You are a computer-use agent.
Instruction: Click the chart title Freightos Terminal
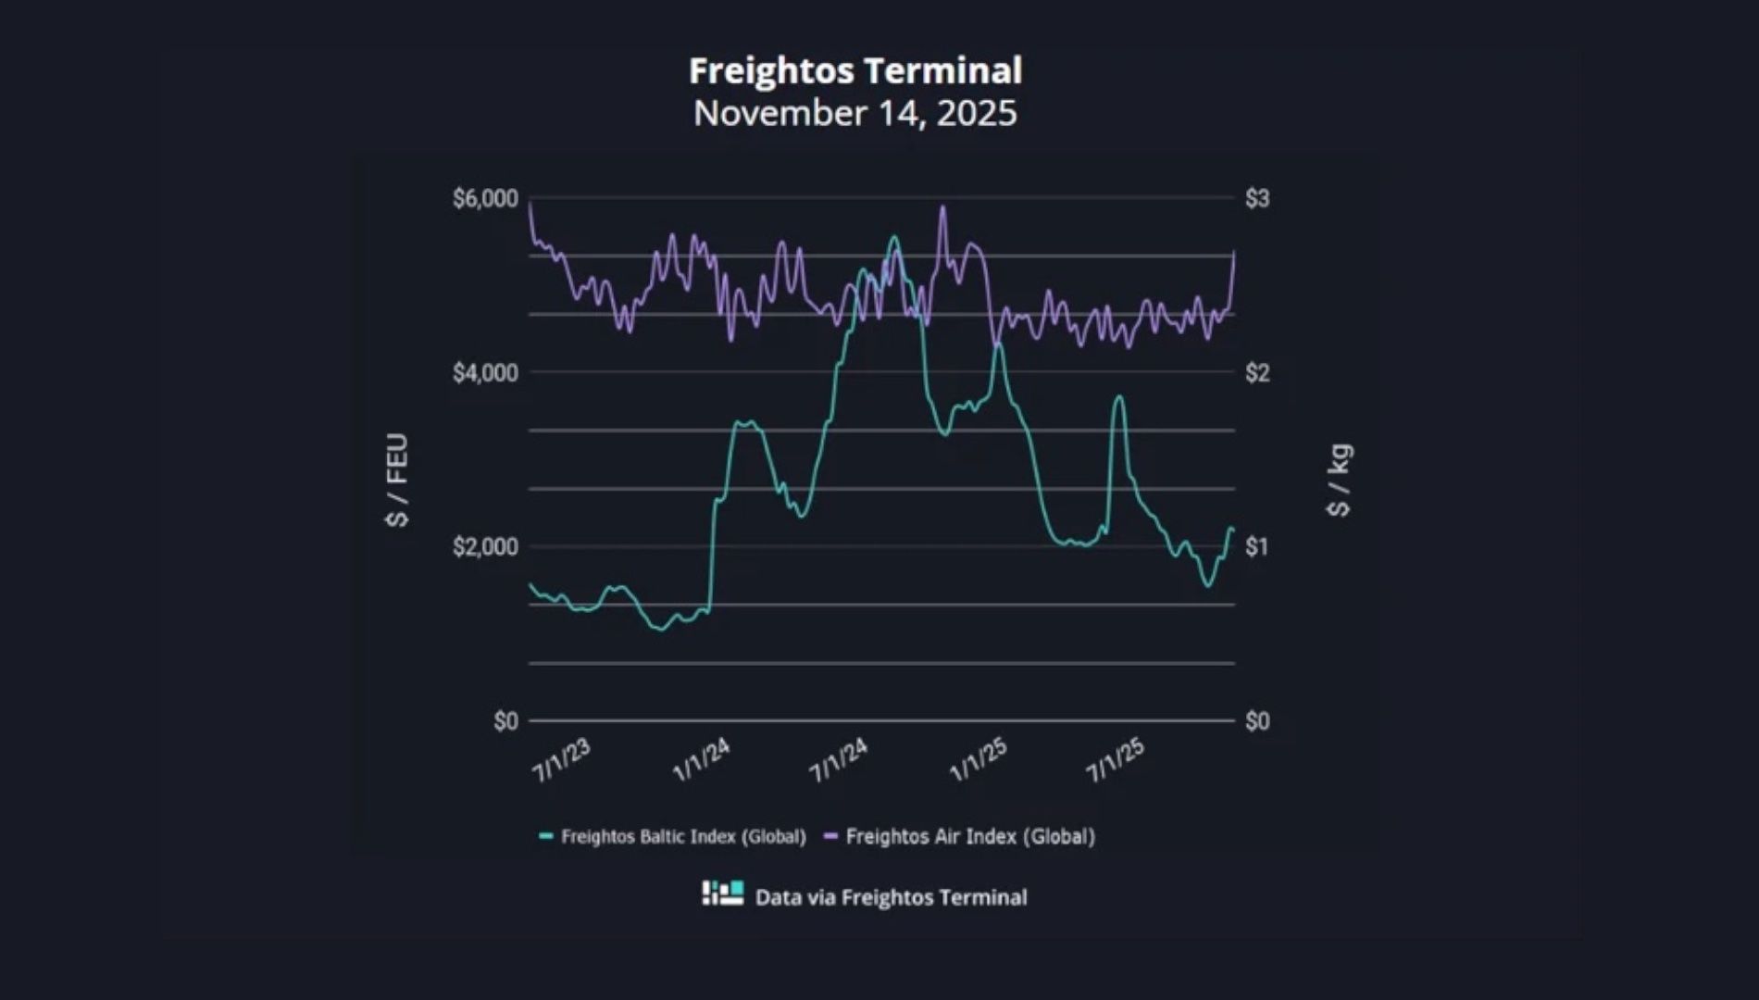pos(855,71)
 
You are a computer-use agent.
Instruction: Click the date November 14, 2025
pos(855,113)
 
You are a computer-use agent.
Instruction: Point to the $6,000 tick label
pos(484,198)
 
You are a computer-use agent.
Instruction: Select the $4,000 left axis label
pos(484,373)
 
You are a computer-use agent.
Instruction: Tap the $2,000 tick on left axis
pos(484,547)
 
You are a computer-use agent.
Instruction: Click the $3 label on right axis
pos(1257,198)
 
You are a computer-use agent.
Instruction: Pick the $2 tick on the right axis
pos(1257,373)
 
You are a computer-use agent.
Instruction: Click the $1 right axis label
pos(1256,547)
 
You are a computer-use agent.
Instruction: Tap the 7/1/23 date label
pos(561,761)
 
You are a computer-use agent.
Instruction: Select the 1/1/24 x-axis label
pos(701,761)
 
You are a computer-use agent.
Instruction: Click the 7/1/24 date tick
pos(839,761)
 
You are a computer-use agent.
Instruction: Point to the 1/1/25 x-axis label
pos(978,761)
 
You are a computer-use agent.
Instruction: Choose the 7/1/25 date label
pos(1116,761)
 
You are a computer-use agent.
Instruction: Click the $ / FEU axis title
pos(397,480)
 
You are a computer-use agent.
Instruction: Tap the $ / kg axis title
pos(1339,480)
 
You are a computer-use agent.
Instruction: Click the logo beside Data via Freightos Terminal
pos(722,894)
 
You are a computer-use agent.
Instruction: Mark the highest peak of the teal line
pos(893,237)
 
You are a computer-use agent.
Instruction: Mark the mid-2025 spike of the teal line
pos(1119,396)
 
